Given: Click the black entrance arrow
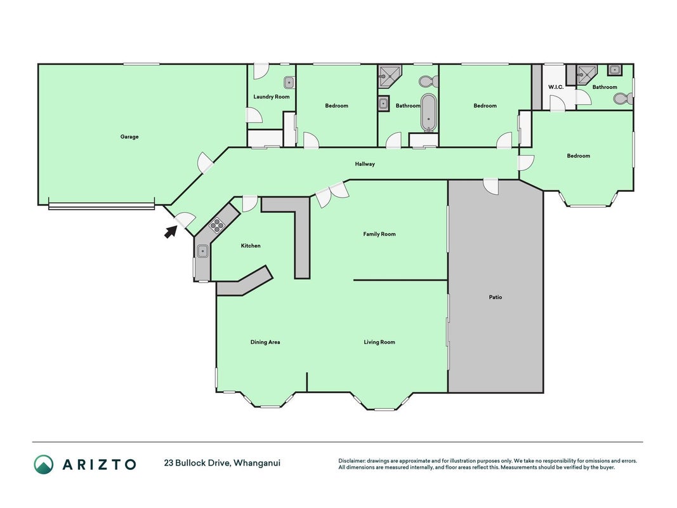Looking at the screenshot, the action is [171, 232].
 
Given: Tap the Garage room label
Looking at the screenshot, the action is [129, 137].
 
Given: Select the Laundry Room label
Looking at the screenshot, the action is [272, 97].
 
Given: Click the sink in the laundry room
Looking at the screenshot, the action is [289, 82].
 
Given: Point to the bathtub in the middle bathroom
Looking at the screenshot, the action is [429, 112].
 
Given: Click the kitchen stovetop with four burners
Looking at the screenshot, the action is [217, 225].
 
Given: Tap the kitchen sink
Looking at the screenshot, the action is [202, 251].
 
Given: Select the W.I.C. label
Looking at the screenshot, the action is [556, 87].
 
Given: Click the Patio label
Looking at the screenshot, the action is [496, 297].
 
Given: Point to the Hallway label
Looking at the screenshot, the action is [365, 164].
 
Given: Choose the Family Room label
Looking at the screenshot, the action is [379, 234].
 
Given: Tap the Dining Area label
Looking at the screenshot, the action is [265, 342].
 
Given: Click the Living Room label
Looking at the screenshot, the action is [379, 342].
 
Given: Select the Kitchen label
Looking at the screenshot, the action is [251, 246].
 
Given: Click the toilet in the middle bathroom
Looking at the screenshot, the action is [429, 81].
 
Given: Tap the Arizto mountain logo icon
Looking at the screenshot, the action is [44, 464].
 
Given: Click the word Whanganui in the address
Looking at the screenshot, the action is [258, 464].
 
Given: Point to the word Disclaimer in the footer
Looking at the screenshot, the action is [352, 461].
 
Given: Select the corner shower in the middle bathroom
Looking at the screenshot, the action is [389, 77].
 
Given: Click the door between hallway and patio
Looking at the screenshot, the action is [491, 186].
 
